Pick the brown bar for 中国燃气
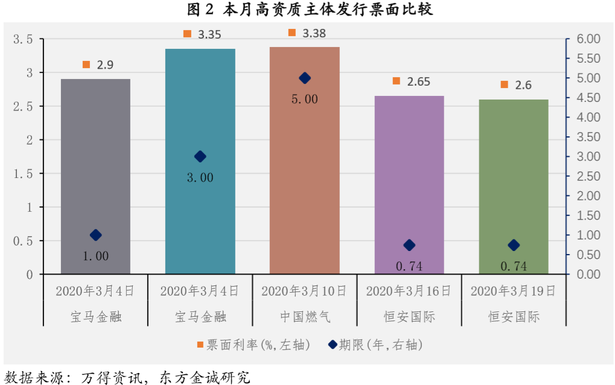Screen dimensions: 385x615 click(304, 181)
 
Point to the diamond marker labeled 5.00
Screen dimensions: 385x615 click(305, 78)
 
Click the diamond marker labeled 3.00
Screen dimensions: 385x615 click(200, 156)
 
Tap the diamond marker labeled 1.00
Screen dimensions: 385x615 click(95, 235)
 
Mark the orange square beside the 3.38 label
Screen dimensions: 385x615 click(292, 33)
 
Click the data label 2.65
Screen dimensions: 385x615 click(418, 81)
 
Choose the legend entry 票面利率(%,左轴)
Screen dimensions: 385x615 click(253, 345)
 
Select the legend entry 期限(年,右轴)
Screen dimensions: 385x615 click(374, 345)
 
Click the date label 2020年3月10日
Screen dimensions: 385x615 click(304, 291)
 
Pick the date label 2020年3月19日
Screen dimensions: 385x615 click(513, 291)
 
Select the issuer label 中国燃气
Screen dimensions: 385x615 click(304, 316)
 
